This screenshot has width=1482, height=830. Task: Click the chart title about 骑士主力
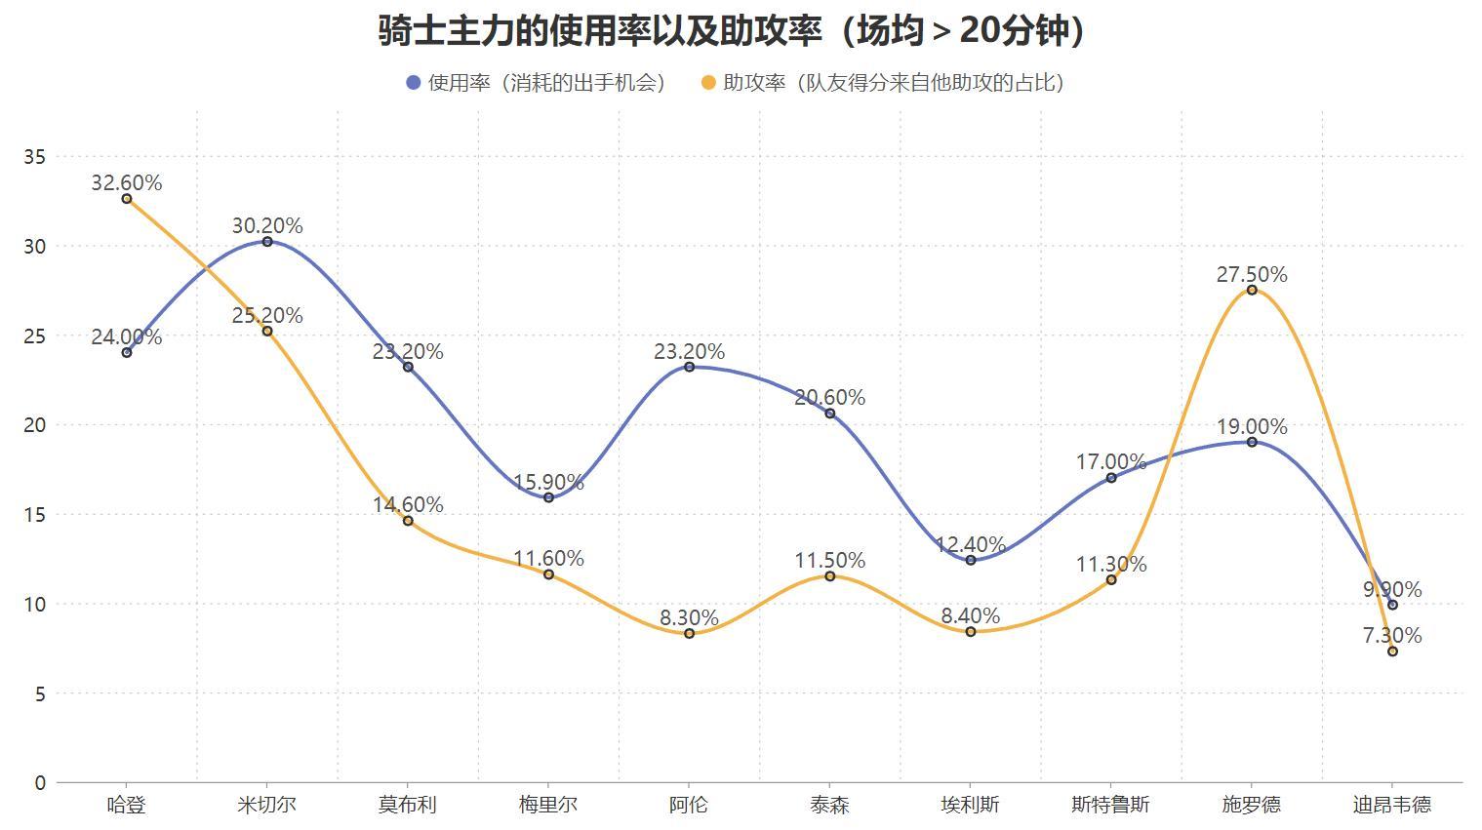(732, 31)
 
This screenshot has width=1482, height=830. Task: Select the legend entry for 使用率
(536, 83)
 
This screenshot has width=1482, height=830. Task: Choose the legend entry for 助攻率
(883, 83)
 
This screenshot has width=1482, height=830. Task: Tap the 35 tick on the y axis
(34, 156)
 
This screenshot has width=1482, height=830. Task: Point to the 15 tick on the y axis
(34, 514)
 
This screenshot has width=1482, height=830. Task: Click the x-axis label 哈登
(127, 805)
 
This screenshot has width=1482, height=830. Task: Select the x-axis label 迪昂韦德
(1392, 805)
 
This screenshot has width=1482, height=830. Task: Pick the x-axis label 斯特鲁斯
(1111, 805)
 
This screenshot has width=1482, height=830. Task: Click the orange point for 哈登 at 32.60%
(127, 199)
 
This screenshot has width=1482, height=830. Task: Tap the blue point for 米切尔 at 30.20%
(267, 242)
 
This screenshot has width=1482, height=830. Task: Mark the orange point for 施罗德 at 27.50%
(1252, 290)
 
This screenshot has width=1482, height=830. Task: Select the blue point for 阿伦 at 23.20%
(690, 367)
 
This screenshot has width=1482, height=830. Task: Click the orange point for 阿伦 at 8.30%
(690, 634)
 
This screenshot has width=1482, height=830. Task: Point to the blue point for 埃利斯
(971, 560)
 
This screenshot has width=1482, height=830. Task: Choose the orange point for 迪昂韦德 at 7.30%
(1392, 652)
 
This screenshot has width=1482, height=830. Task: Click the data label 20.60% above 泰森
(829, 397)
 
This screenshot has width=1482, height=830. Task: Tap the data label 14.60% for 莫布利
(408, 504)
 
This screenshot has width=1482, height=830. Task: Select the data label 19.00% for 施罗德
(1252, 426)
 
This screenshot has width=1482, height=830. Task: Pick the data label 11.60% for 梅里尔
(548, 558)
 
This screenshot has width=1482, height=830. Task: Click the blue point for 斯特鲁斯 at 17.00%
(1111, 478)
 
